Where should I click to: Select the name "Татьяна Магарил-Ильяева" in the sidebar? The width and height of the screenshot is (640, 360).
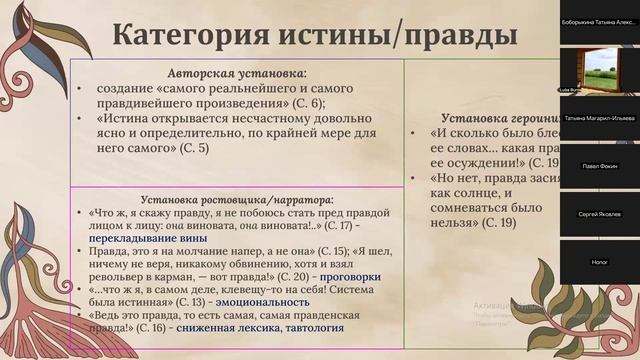tap(600, 117)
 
